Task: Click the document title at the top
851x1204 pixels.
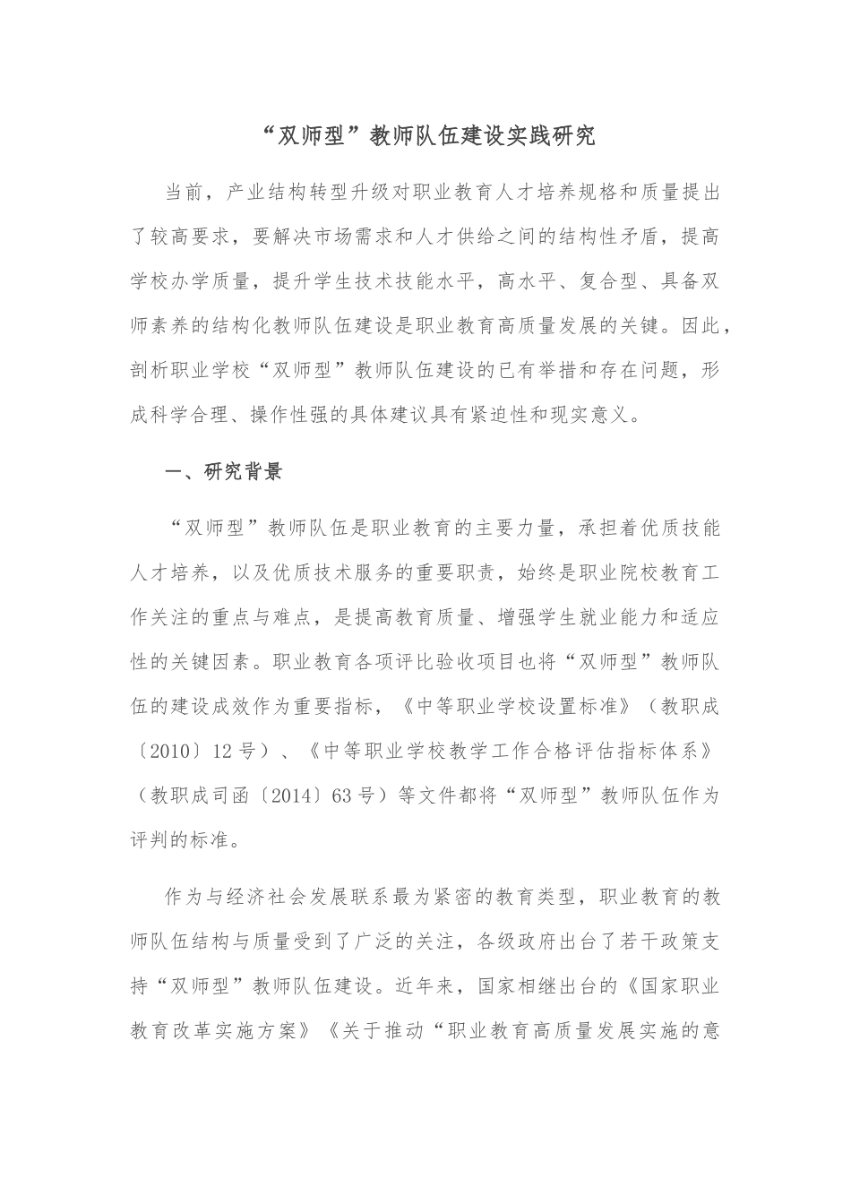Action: point(425,137)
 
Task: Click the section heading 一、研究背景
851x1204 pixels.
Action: point(225,472)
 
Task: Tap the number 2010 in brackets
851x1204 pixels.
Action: point(170,751)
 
